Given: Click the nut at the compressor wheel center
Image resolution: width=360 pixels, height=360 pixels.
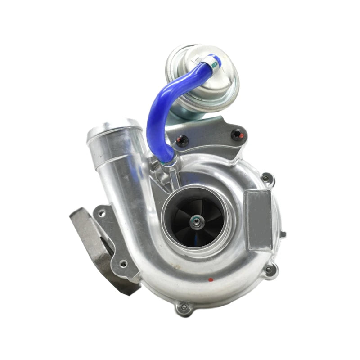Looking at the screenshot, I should coord(197,220).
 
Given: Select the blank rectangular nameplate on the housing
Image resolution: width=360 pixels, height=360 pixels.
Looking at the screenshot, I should coord(260,219).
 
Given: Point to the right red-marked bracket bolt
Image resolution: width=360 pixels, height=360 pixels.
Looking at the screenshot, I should coord(236,134).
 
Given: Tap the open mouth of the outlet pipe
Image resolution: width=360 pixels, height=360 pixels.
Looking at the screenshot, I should coord(108,128).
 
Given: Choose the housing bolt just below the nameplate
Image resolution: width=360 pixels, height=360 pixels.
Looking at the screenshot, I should coord(269,270).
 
